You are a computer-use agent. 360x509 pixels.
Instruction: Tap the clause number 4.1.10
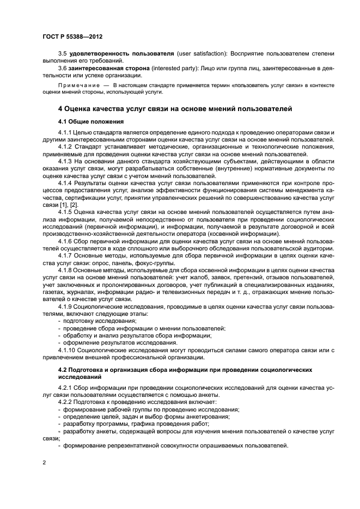point(67,350)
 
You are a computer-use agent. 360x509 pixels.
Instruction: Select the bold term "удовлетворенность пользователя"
point(115,53)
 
